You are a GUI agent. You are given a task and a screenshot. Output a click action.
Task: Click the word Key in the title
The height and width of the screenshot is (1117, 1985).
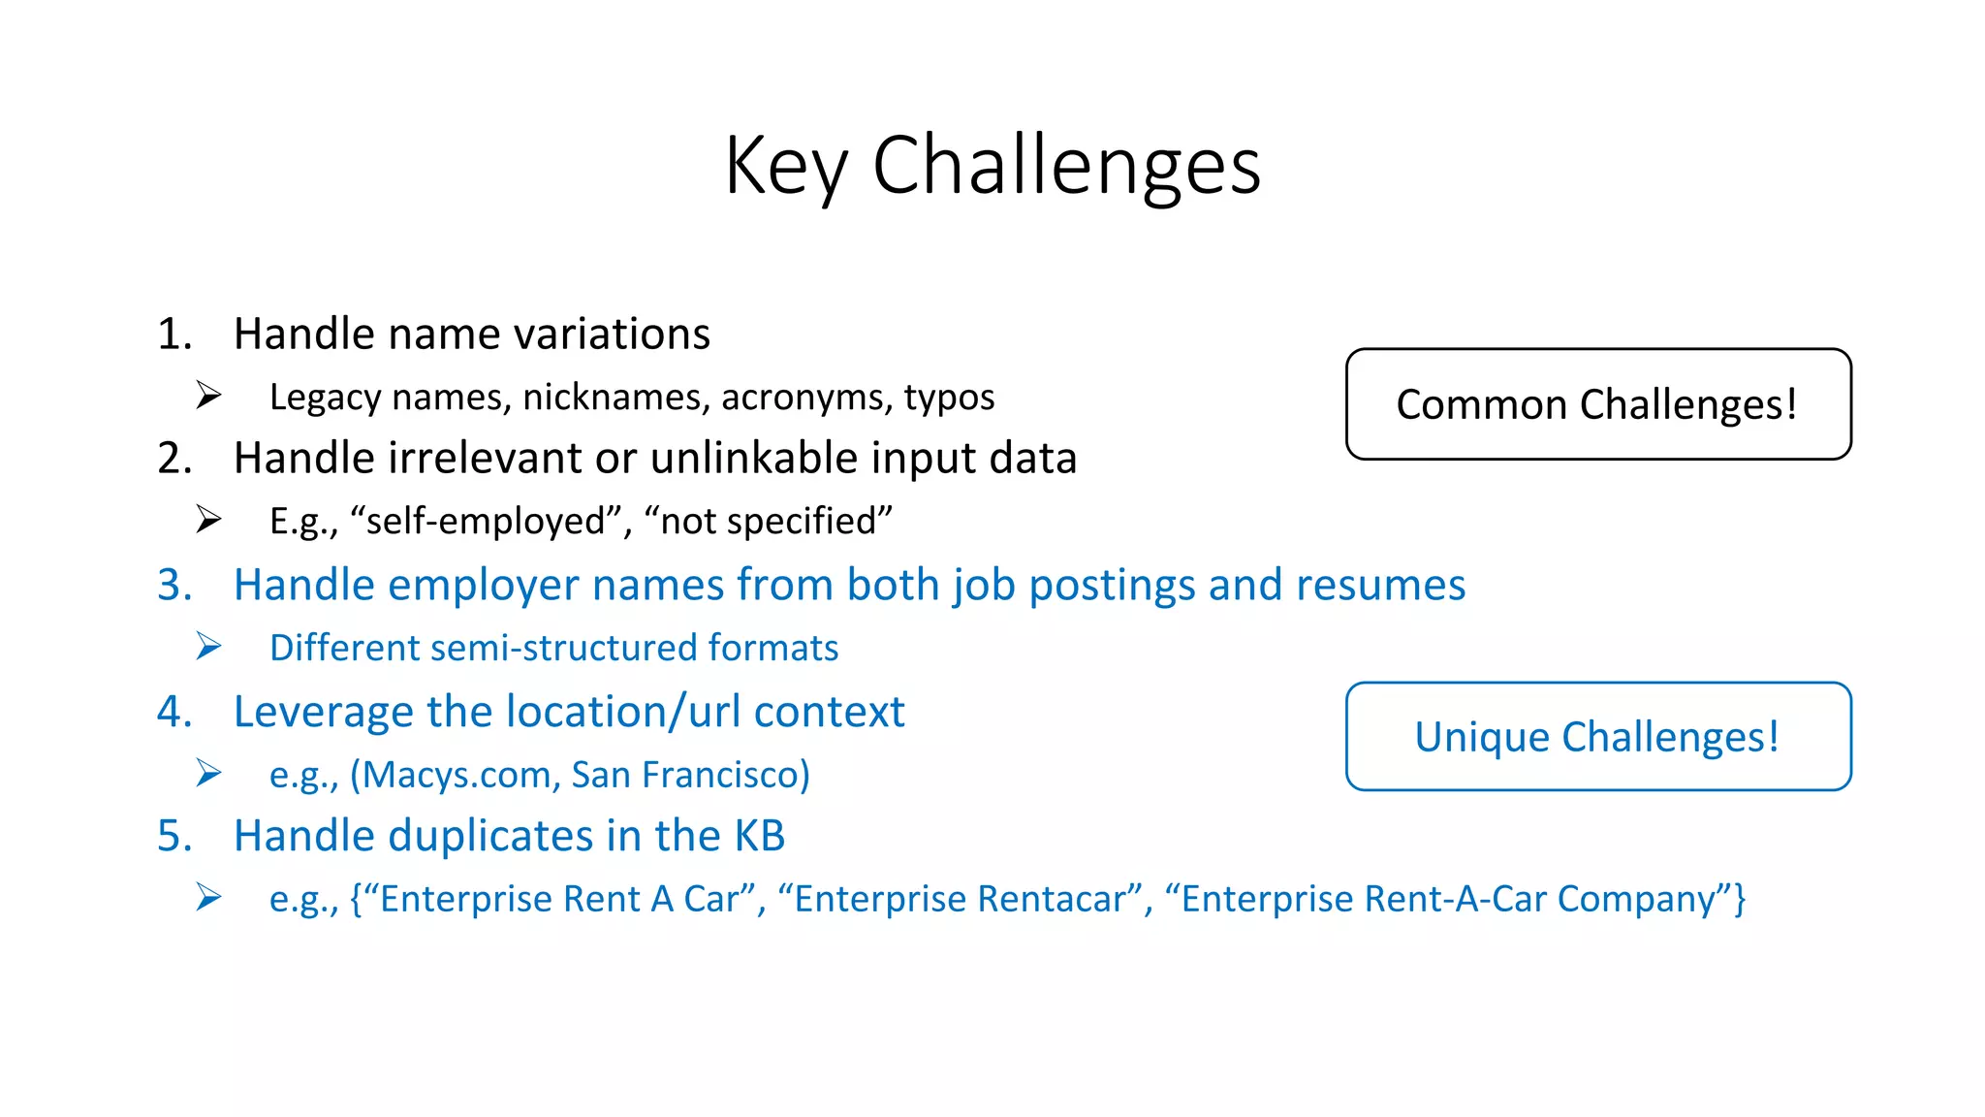pos(786,167)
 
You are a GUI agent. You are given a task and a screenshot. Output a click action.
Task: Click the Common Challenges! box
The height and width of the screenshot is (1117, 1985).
pos(1597,404)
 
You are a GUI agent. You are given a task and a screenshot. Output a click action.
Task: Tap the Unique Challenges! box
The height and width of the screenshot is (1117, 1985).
pos(1597,737)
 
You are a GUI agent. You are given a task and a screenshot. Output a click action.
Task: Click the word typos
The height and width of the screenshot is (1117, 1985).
pos(949,398)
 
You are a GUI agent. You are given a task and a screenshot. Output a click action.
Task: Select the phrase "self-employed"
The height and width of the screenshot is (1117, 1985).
pos(490,522)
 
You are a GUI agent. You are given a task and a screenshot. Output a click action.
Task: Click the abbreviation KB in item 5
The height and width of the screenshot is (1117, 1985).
pos(759,837)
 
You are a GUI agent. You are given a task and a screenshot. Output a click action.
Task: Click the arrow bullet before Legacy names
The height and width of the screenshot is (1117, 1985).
pos(208,396)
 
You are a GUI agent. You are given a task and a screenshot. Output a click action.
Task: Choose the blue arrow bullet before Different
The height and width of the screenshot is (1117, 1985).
pos(208,646)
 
